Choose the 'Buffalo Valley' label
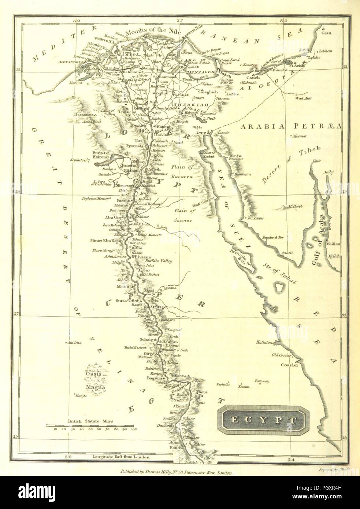pyautogui.click(x=159, y=261)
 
